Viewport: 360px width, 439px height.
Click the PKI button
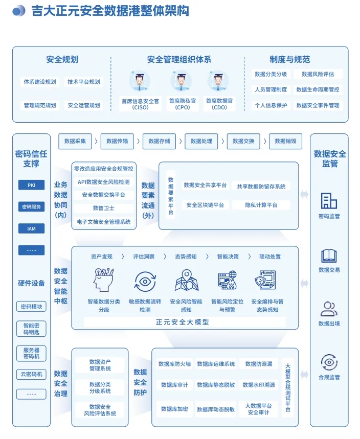32,185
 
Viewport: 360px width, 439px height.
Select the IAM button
32,228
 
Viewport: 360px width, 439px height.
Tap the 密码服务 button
32,207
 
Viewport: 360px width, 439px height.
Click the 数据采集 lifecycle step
75,141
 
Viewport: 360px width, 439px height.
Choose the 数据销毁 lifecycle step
285,141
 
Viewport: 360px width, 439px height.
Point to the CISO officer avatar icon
139,82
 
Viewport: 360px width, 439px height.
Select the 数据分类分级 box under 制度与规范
271,74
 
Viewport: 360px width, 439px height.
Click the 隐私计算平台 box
261,205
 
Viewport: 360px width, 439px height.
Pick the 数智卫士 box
104,208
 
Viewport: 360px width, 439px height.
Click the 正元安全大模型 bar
183,322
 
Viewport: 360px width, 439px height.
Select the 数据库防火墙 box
174,364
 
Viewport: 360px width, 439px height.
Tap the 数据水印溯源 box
259,385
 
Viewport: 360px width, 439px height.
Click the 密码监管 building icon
329,200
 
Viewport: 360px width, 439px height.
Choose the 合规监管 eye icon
329,362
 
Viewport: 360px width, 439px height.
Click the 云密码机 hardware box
32,374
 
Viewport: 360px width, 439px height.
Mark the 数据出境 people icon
329,309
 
